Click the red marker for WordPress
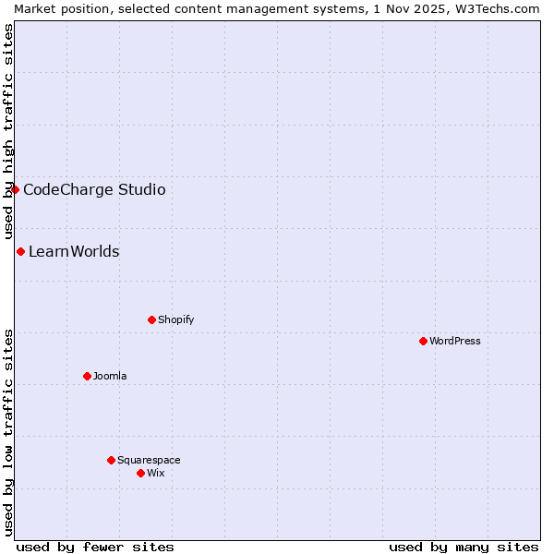[x=423, y=341]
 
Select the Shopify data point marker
[x=151, y=319]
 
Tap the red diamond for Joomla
[x=87, y=376]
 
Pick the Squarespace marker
[x=111, y=460]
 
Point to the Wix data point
[x=140, y=473]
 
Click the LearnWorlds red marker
[x=20, y=251]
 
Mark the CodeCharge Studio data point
[x=15, y=189]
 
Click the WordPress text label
[x=455, y=341]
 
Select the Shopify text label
[x=175, y=319]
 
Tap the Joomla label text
[x=110, y=376]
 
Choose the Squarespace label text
[x=149, y=460]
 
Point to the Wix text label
[x=155, y=473]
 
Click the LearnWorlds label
[x=74, y=251]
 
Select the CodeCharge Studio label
[x=94, y=189]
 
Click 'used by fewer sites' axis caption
[x=95, y=547]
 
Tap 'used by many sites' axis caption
[x=464, y=547]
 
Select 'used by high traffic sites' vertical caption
[x=8, y=132]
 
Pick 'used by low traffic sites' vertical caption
[x=8, y=432]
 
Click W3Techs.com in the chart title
[x=497, y=8]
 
